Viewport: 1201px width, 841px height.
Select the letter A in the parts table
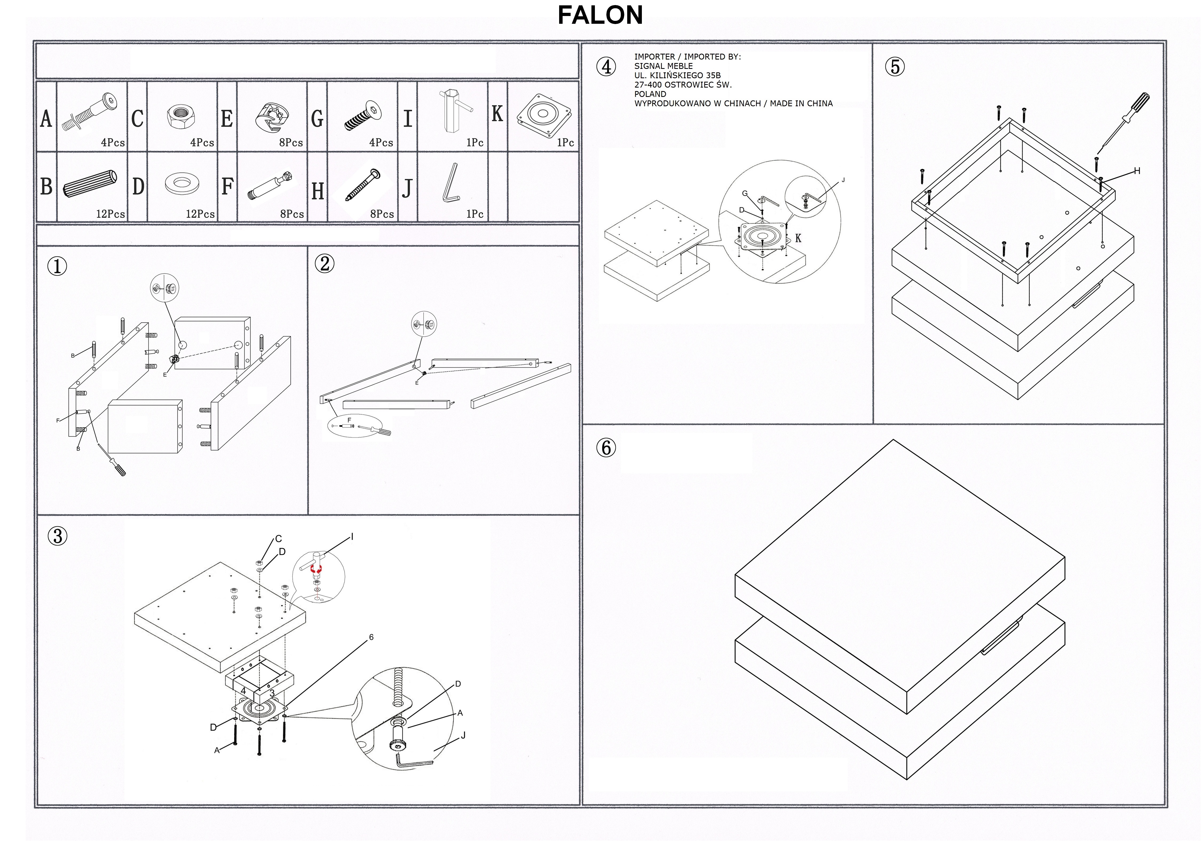click(46, 119)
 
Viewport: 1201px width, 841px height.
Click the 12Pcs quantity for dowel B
click(110, 214)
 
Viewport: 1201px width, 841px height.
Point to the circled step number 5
click(894, 67)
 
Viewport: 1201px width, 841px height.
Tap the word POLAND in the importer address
click(650, 94)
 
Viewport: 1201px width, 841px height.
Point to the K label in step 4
click(798, 239)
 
